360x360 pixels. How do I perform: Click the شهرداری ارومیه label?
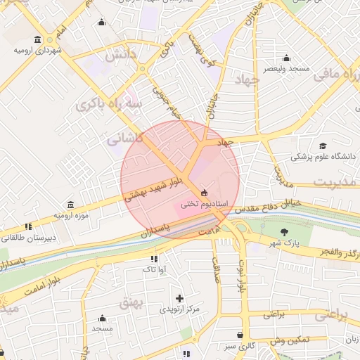coord(39,51)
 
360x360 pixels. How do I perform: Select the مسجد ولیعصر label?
coord(286,69)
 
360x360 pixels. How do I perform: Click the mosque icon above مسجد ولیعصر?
coord(285,58)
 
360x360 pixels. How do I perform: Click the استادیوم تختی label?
coord(202,205)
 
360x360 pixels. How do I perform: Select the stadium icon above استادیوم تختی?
coord(204,193)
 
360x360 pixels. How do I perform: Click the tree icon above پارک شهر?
coord(284,232)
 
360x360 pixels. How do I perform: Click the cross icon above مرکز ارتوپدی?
coord(180,298)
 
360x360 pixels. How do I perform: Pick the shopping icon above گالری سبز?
coord(240,335)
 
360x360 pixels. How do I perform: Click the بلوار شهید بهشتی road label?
coord(153,189)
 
